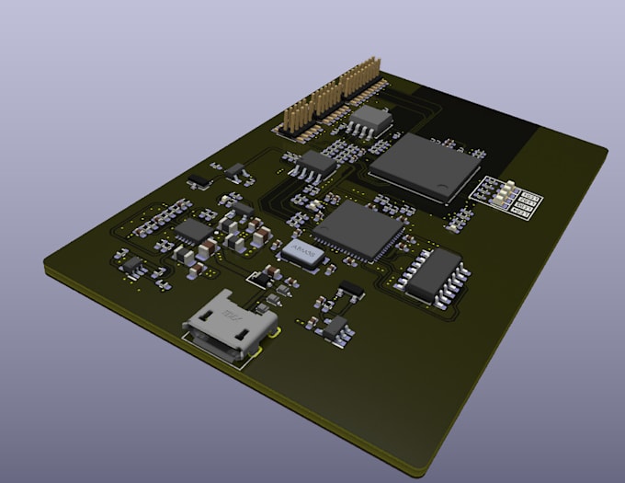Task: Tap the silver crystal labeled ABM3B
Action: click(306, 253)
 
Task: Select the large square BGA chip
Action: click(425, 166)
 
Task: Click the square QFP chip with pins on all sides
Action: click(358, 230)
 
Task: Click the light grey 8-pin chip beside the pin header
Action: click(372, 120)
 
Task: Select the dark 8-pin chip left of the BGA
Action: click(318, 165)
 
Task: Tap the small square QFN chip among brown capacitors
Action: click(193, 231)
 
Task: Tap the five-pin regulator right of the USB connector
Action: click(337, 328)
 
